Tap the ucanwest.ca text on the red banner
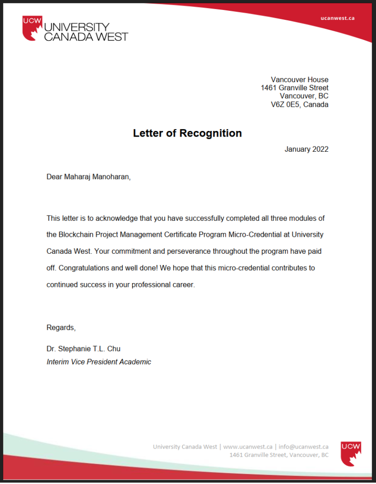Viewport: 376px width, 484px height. point(337,18)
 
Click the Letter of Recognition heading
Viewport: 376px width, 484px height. point(187,133)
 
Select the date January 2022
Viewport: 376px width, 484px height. point(306,149)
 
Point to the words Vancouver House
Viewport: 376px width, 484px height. point(299,79)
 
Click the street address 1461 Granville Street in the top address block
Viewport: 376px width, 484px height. point(294,88)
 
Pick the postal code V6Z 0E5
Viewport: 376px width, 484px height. point(281,104)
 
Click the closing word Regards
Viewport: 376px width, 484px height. point(61,328)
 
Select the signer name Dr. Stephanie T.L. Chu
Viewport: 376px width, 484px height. point(83,349)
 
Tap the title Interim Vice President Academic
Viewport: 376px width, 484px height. point(99,362)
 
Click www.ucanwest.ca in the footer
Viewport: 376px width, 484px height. point(248,447)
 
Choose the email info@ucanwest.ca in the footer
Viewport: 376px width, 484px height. point(304,447)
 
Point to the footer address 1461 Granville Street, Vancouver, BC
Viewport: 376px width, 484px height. point(279,455)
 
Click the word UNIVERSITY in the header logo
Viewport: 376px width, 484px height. point(77,27)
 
